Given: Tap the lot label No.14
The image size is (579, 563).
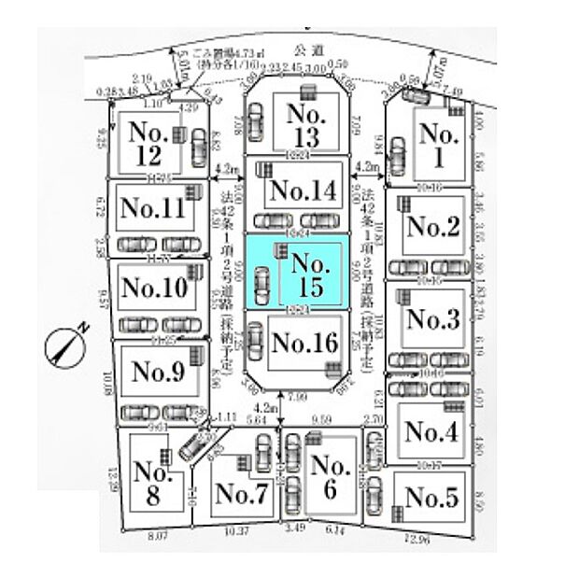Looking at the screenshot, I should [x=299, y=191].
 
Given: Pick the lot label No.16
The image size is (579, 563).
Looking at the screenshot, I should [x=304, y=344].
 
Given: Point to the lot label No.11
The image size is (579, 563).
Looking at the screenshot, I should [x=153, y=206].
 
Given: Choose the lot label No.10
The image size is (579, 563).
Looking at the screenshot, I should [x=154, y=286].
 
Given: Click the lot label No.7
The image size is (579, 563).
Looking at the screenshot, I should [x=241, y=496].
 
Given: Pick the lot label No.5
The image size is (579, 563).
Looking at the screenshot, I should [x=431, y=499].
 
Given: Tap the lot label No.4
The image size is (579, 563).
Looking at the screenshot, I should [x=431, y=432].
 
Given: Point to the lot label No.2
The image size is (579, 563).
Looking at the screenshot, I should [x=433, y=226].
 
